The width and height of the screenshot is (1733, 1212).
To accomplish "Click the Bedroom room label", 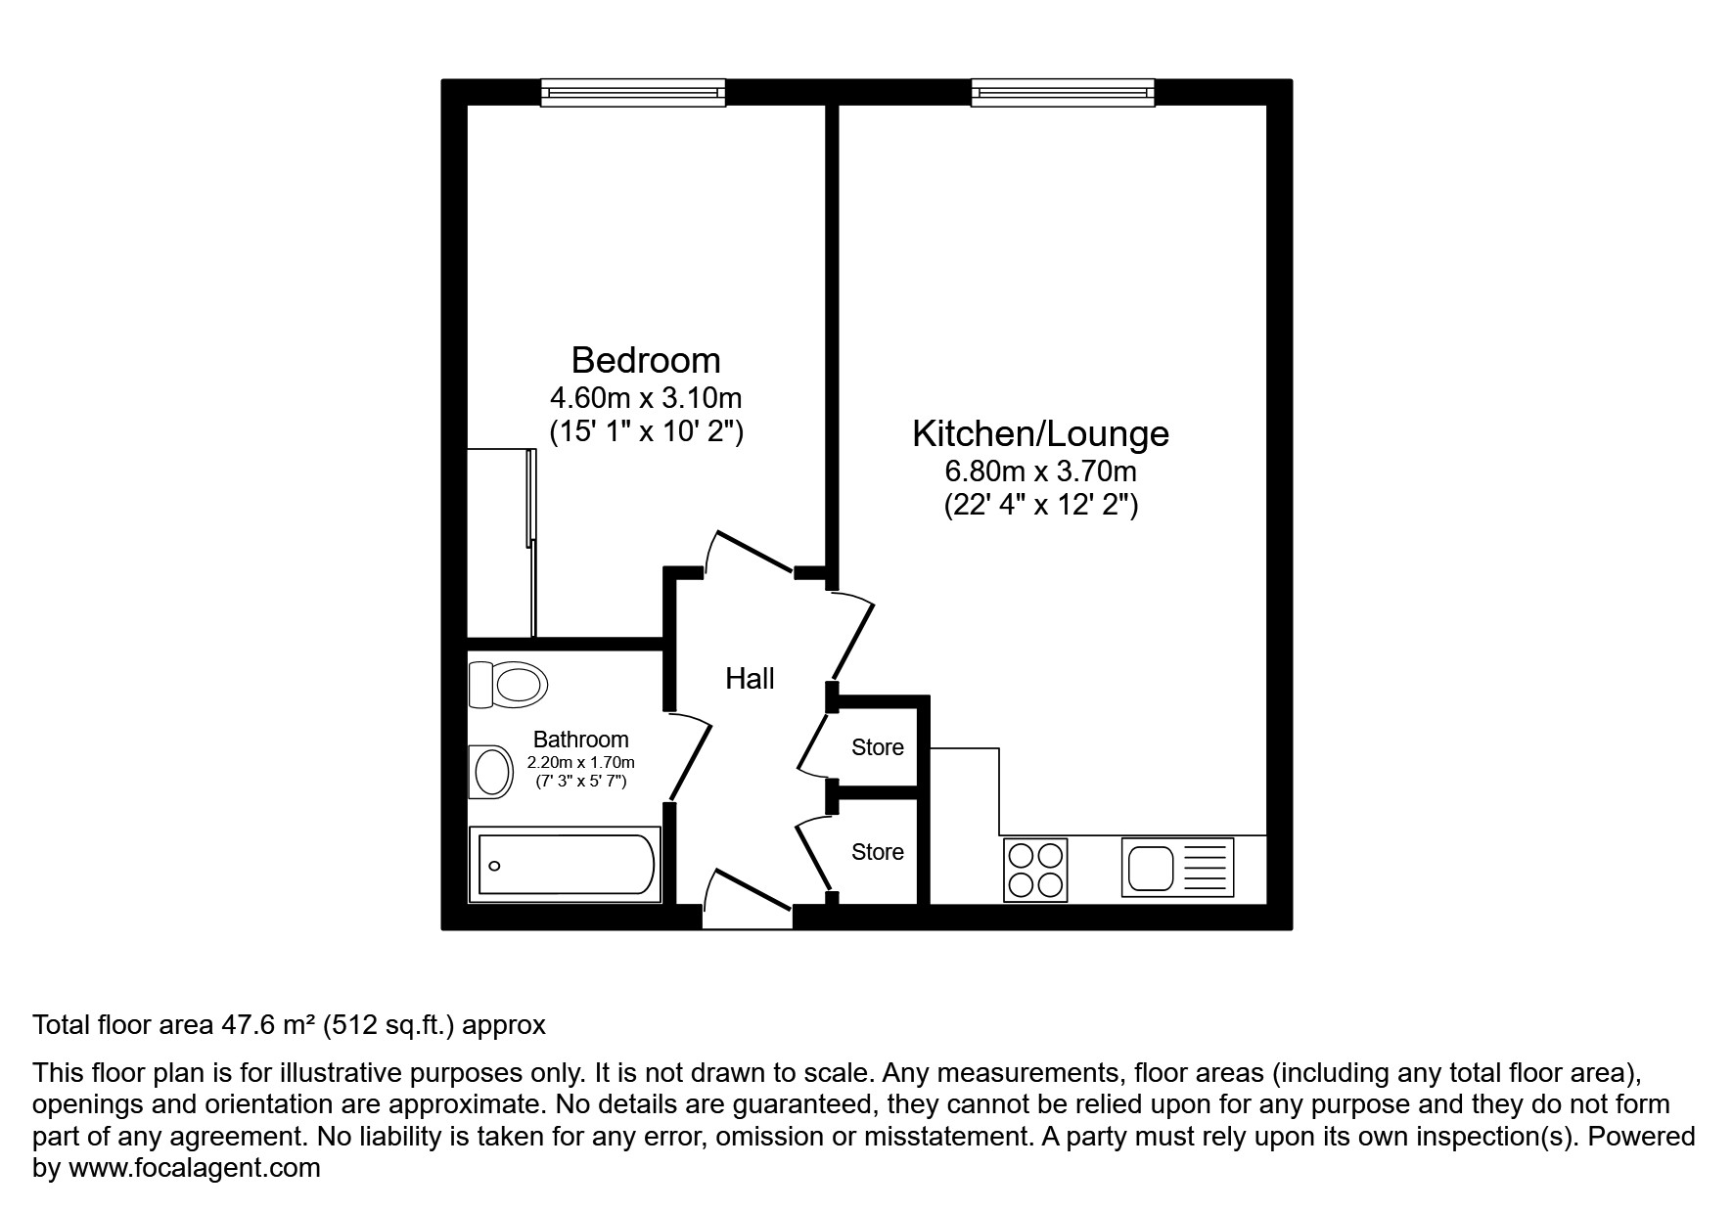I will pos(646,360).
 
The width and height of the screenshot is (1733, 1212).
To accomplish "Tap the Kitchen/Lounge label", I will pos(1040,433).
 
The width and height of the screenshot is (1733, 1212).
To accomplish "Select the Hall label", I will pos(750,678).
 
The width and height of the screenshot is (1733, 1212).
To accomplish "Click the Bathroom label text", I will pos(580,740).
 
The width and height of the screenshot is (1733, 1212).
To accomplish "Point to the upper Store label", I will pos(877,747).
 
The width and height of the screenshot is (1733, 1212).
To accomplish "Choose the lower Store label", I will pos(877,852).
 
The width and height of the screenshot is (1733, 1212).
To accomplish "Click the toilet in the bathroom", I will pos(508,684).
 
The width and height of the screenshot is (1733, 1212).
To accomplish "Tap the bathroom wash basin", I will pos(492,773).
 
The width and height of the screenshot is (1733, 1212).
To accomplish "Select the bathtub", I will pos(566,864).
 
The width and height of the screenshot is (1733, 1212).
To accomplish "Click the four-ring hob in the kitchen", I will pos(1035,870).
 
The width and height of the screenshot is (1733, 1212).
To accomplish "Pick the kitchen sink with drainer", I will pos(1177,868).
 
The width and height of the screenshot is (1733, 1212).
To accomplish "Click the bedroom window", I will pos(633,92).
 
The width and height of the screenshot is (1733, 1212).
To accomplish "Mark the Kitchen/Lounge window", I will pos(1063,92).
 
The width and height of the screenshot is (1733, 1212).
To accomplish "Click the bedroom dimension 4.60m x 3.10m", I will pos(646,398).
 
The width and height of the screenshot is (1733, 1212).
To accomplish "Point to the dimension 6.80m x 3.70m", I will pos(1040,471).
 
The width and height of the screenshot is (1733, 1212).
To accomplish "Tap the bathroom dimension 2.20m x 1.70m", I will pos(580,762).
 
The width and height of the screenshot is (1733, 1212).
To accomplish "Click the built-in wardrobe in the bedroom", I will pos(500,543).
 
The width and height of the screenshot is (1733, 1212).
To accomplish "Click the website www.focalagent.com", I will pos(194,1168).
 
